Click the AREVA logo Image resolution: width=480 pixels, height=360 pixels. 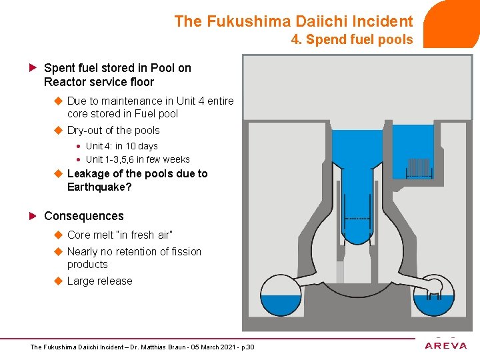(x=447, y=345)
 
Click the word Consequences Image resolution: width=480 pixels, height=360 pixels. (x=84, y=216)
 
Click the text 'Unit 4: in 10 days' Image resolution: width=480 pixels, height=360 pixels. (x=122, y=146)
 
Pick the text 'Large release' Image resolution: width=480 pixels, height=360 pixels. (x=100, y=281)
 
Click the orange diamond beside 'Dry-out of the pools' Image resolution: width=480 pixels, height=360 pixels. (x=58, y=131)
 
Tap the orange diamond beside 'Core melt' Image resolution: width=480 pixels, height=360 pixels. (x=58, y=235)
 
